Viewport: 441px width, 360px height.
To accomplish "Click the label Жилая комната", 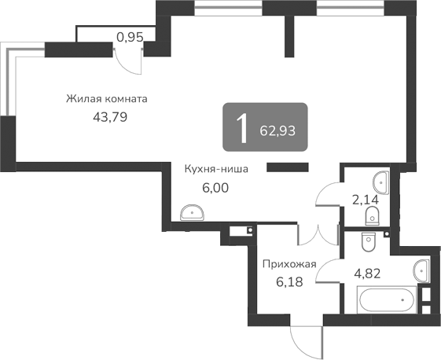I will point(107,100).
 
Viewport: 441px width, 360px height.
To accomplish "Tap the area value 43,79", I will point(110,117).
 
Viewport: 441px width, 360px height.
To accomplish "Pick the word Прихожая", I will point(289,264).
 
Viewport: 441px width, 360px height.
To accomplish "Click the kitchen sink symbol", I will point(191,212).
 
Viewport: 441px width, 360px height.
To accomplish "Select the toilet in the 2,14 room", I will point(372,215).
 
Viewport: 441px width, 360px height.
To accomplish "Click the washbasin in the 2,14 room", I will point(382,182).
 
